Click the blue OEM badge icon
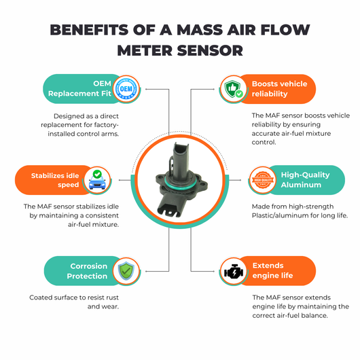coord(126,89)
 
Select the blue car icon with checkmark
coord(97,180)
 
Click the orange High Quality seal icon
coord(263,180)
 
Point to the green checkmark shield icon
coord(126,271)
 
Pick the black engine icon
coord(234,271)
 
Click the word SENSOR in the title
coord(210,50)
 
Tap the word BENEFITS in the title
coord(89,30)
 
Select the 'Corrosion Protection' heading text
coord(87,271)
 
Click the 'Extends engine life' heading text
coord(272,270)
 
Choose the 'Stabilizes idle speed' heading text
coord(55,180)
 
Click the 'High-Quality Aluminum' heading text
coord(305,180)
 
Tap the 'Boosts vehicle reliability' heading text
coord(279,88)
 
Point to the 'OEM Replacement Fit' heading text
coord(79,88)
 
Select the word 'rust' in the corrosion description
coord(111,298)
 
